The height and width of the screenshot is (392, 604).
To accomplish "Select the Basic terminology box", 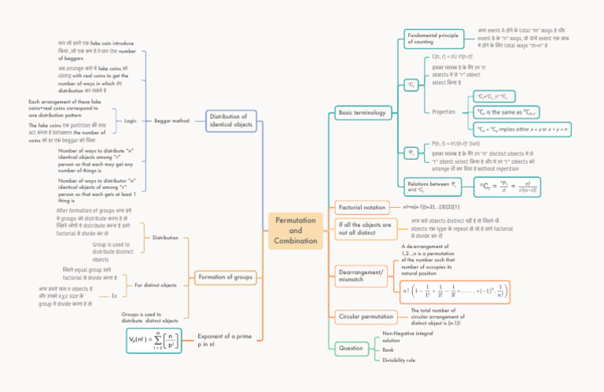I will (361, 113).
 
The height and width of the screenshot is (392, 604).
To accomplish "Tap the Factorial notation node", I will (361, 208).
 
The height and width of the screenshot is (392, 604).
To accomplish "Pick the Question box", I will (351, 347).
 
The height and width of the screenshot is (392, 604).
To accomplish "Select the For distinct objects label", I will (155, 285).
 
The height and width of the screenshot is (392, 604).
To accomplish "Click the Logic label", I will (131, 121).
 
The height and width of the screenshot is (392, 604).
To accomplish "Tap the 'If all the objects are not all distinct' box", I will (365, 229).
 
